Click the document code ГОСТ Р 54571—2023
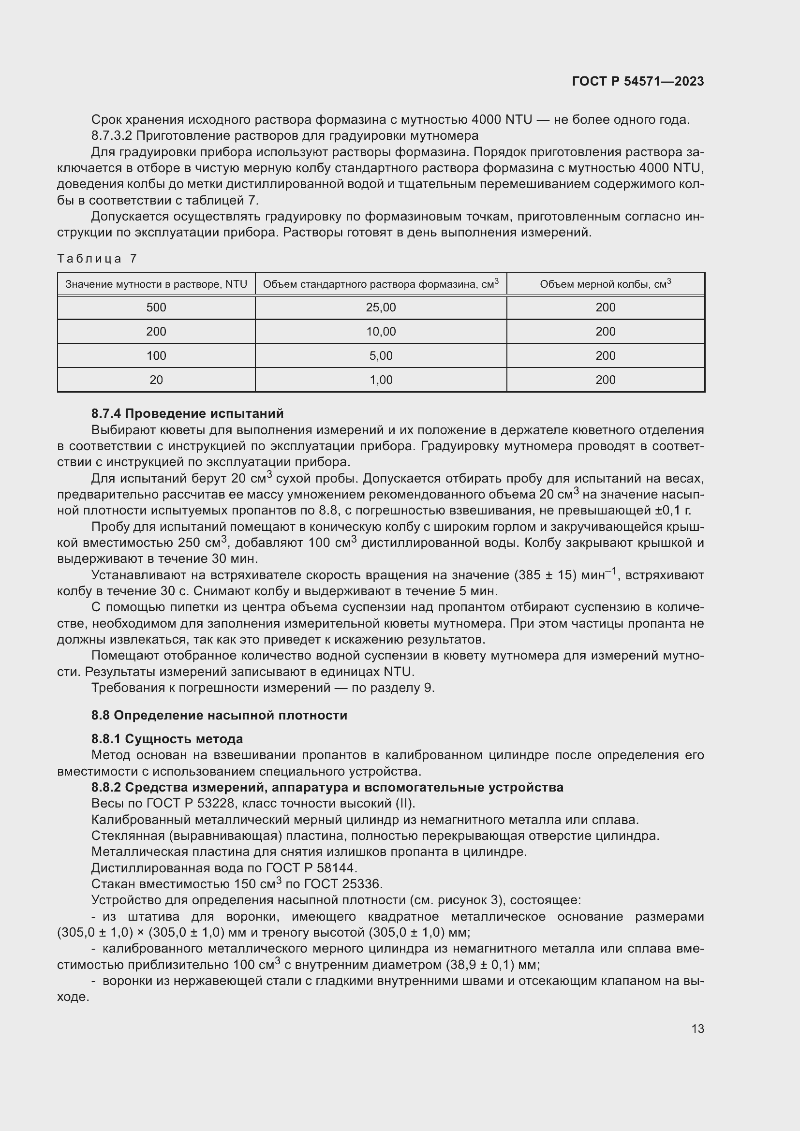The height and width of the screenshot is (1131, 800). click(638, 81)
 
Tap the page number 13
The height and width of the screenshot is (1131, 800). click(697, 1028)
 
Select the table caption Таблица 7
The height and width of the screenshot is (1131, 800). click(97, 259)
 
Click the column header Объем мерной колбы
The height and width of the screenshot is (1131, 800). click(606, 284)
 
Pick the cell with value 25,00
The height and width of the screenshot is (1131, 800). click(381, 308)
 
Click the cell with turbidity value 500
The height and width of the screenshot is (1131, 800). click(156, 308)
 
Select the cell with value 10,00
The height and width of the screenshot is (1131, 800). click(381, 332)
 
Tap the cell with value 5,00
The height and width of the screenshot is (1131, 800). click(381, 356)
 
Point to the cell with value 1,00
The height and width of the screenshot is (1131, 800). click(381, 380)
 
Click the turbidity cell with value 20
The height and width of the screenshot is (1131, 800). click(156, 380)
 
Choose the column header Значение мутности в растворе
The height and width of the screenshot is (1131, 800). click(156, 284)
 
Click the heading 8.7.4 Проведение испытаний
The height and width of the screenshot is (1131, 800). click(187, 413)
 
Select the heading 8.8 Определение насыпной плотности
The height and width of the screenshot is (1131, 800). click(219, 715)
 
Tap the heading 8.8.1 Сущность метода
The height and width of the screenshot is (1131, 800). click(167, 739)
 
